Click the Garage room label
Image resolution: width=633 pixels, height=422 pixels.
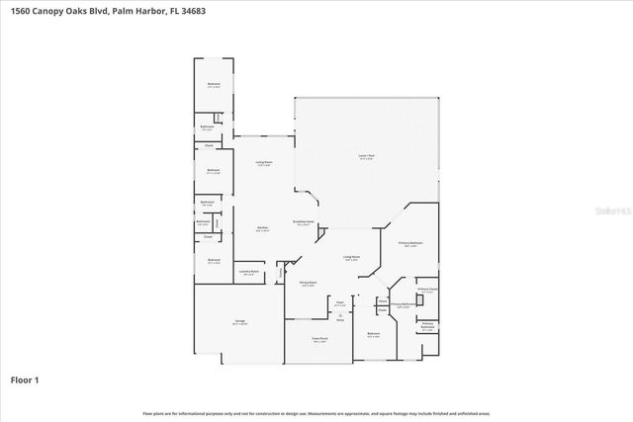[x=239, y=322]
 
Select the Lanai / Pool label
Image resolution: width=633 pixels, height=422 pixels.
[x=365, y=157]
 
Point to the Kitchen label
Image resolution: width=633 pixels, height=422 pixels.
[x=263, y=228]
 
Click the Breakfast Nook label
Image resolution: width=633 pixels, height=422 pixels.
[x=303, y=222]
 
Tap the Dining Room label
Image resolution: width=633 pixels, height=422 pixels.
[x=309, y=283]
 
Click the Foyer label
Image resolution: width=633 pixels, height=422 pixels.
[x=338, y=302]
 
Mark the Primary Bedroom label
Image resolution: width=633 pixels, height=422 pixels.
[x=410, y=243]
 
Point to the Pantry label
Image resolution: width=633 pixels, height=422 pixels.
[x=281, y=272]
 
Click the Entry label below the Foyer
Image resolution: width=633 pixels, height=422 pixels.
[x=340, y=320]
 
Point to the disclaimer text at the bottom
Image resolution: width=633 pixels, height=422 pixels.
[x=316, y=413]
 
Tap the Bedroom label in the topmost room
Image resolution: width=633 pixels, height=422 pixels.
[x=213, y=85]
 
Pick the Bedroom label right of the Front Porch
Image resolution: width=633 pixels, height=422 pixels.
[x=373, y=334]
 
